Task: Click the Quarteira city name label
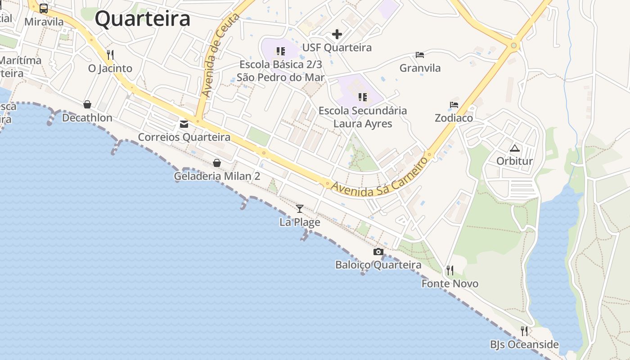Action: point(142,19)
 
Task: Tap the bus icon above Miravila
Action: point(44,8)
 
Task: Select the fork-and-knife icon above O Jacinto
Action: point(110,55)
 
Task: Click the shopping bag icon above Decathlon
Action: point(87,104)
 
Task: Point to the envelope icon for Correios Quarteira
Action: point(184,124)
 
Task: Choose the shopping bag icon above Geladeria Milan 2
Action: point(217,162)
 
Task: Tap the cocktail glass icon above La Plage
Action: point(300,208)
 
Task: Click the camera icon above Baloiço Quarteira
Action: point(378,252)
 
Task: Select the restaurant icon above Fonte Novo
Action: point(450,270)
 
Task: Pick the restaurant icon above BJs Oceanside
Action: point(524,331)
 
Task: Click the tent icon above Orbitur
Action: point(514,148)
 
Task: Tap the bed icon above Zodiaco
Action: point(454,105)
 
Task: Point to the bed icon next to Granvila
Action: point(420,55)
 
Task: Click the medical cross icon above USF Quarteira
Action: point(337,34)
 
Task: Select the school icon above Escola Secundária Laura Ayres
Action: point(363,97)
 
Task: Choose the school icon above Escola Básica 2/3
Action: point(281,51)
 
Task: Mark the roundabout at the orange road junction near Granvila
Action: point(513,45)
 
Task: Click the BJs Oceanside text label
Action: point(524,345)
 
